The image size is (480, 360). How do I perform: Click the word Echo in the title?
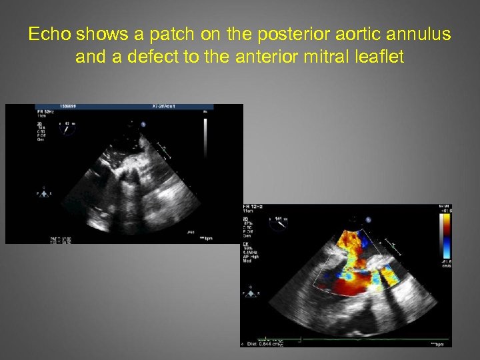pos(49,35)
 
